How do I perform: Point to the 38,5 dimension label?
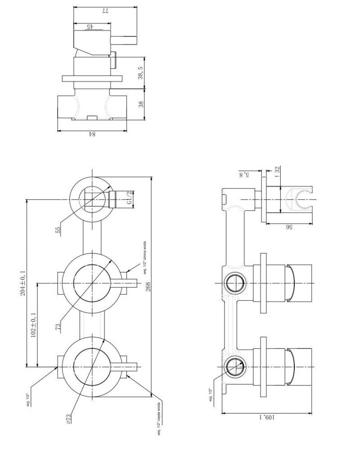click(x=141, y=73)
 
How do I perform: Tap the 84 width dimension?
click(x=91, y=134)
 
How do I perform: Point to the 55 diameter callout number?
click(x=58, y=230)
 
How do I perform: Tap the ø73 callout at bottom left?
click(x=69, y=416)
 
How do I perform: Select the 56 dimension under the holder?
click(x=288, y=227)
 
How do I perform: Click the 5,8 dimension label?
click(x=245, y=174)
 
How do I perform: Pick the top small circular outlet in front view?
click(x=92, y=198)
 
